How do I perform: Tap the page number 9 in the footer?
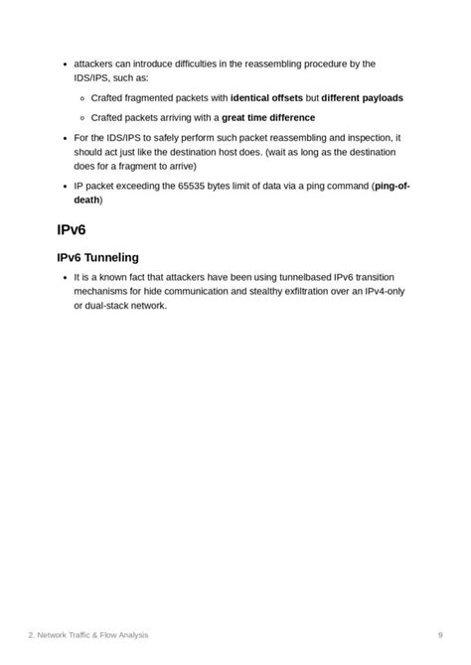coord(440,635)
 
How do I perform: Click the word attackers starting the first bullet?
coord(96,64)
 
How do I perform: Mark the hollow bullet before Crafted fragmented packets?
coord(81,98)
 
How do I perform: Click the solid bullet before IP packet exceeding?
coord(65,186)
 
